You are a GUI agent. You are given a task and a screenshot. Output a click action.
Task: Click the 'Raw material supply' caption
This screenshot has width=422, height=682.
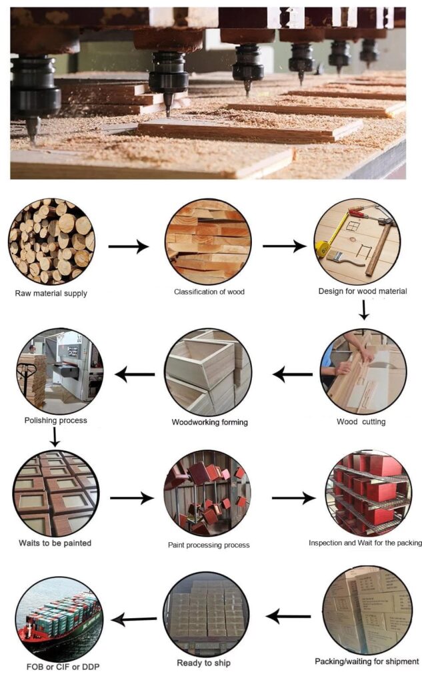[51, 293]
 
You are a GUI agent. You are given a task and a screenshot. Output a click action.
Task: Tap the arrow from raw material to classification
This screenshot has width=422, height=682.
[129, 246]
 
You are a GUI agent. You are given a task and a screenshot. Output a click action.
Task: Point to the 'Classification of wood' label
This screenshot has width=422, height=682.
[209, 292]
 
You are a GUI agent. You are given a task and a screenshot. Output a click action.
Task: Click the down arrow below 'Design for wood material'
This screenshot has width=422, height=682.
[364, 310]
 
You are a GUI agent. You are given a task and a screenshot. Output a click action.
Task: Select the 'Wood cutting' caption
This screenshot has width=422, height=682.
[361, 422]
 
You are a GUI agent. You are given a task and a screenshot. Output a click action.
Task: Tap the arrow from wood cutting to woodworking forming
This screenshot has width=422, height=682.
[293, 374]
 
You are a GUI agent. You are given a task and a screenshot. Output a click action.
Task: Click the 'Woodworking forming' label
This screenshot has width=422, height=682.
[209, 422]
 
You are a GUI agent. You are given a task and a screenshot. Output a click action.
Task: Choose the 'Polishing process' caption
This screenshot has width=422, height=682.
[56, 421]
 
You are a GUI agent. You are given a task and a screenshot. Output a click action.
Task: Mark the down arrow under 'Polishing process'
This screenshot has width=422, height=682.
[55, 437]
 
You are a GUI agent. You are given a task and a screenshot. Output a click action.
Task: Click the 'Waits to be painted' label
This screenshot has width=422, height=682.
[55, 543]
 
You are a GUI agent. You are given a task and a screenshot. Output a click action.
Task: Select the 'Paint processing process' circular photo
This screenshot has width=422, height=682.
[207, 494]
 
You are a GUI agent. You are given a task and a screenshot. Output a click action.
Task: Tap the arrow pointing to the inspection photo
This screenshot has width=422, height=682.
[293, 498]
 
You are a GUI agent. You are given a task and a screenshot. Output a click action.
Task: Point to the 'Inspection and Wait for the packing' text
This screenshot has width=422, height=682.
[365, 543]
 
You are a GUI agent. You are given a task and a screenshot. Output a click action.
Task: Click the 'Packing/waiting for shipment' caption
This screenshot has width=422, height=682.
[367, 661]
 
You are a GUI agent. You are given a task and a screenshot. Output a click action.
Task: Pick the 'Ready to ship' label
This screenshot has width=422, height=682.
[203, 663]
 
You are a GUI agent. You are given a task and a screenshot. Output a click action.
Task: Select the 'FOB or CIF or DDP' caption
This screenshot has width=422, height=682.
[63, 667]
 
